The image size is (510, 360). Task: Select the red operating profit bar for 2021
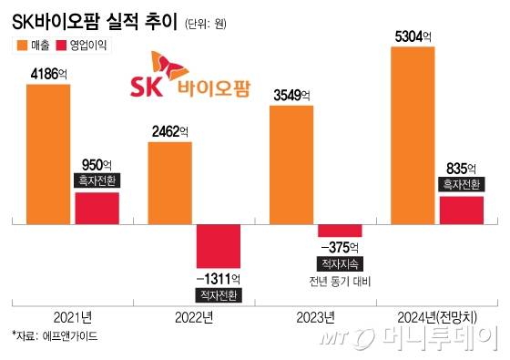coord(97,208)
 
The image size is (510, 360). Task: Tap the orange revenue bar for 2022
coord(170,181)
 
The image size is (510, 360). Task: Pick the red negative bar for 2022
coord(219,247)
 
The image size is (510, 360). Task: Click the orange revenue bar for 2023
coord(292,164)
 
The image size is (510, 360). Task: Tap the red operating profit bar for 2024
coord(461,210)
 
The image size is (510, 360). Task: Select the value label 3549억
coord(292,95)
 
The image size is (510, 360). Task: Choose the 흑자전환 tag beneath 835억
coord(461,184)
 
